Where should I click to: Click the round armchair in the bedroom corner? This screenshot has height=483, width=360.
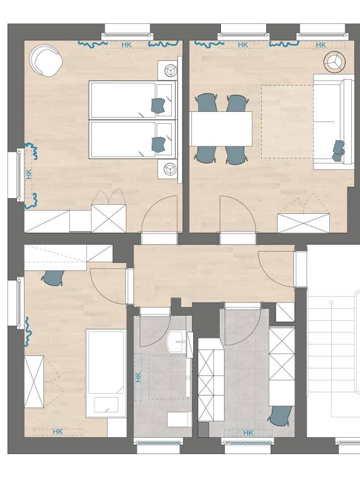click(46, 61)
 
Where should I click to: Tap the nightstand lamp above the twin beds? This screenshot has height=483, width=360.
click(170, 69)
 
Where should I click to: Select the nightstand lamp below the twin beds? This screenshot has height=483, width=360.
click(170, 168)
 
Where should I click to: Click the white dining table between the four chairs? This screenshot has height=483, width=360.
click(221, 128)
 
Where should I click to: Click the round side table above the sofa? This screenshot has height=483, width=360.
click(334, 61)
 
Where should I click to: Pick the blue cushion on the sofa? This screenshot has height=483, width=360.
click(339, 150)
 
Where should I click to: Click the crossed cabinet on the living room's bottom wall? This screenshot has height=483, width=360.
click(303, 223)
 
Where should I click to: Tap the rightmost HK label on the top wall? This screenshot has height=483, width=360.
click(320, 45)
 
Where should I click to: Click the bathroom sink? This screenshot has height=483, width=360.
click(176, 343)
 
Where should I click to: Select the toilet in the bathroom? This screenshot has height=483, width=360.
click(179, 419)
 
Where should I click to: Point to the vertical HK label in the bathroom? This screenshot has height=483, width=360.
click(138, 377)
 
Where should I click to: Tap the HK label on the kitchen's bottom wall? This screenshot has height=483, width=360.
click(248, 432)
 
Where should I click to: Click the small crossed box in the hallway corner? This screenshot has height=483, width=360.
click(285, 313)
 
